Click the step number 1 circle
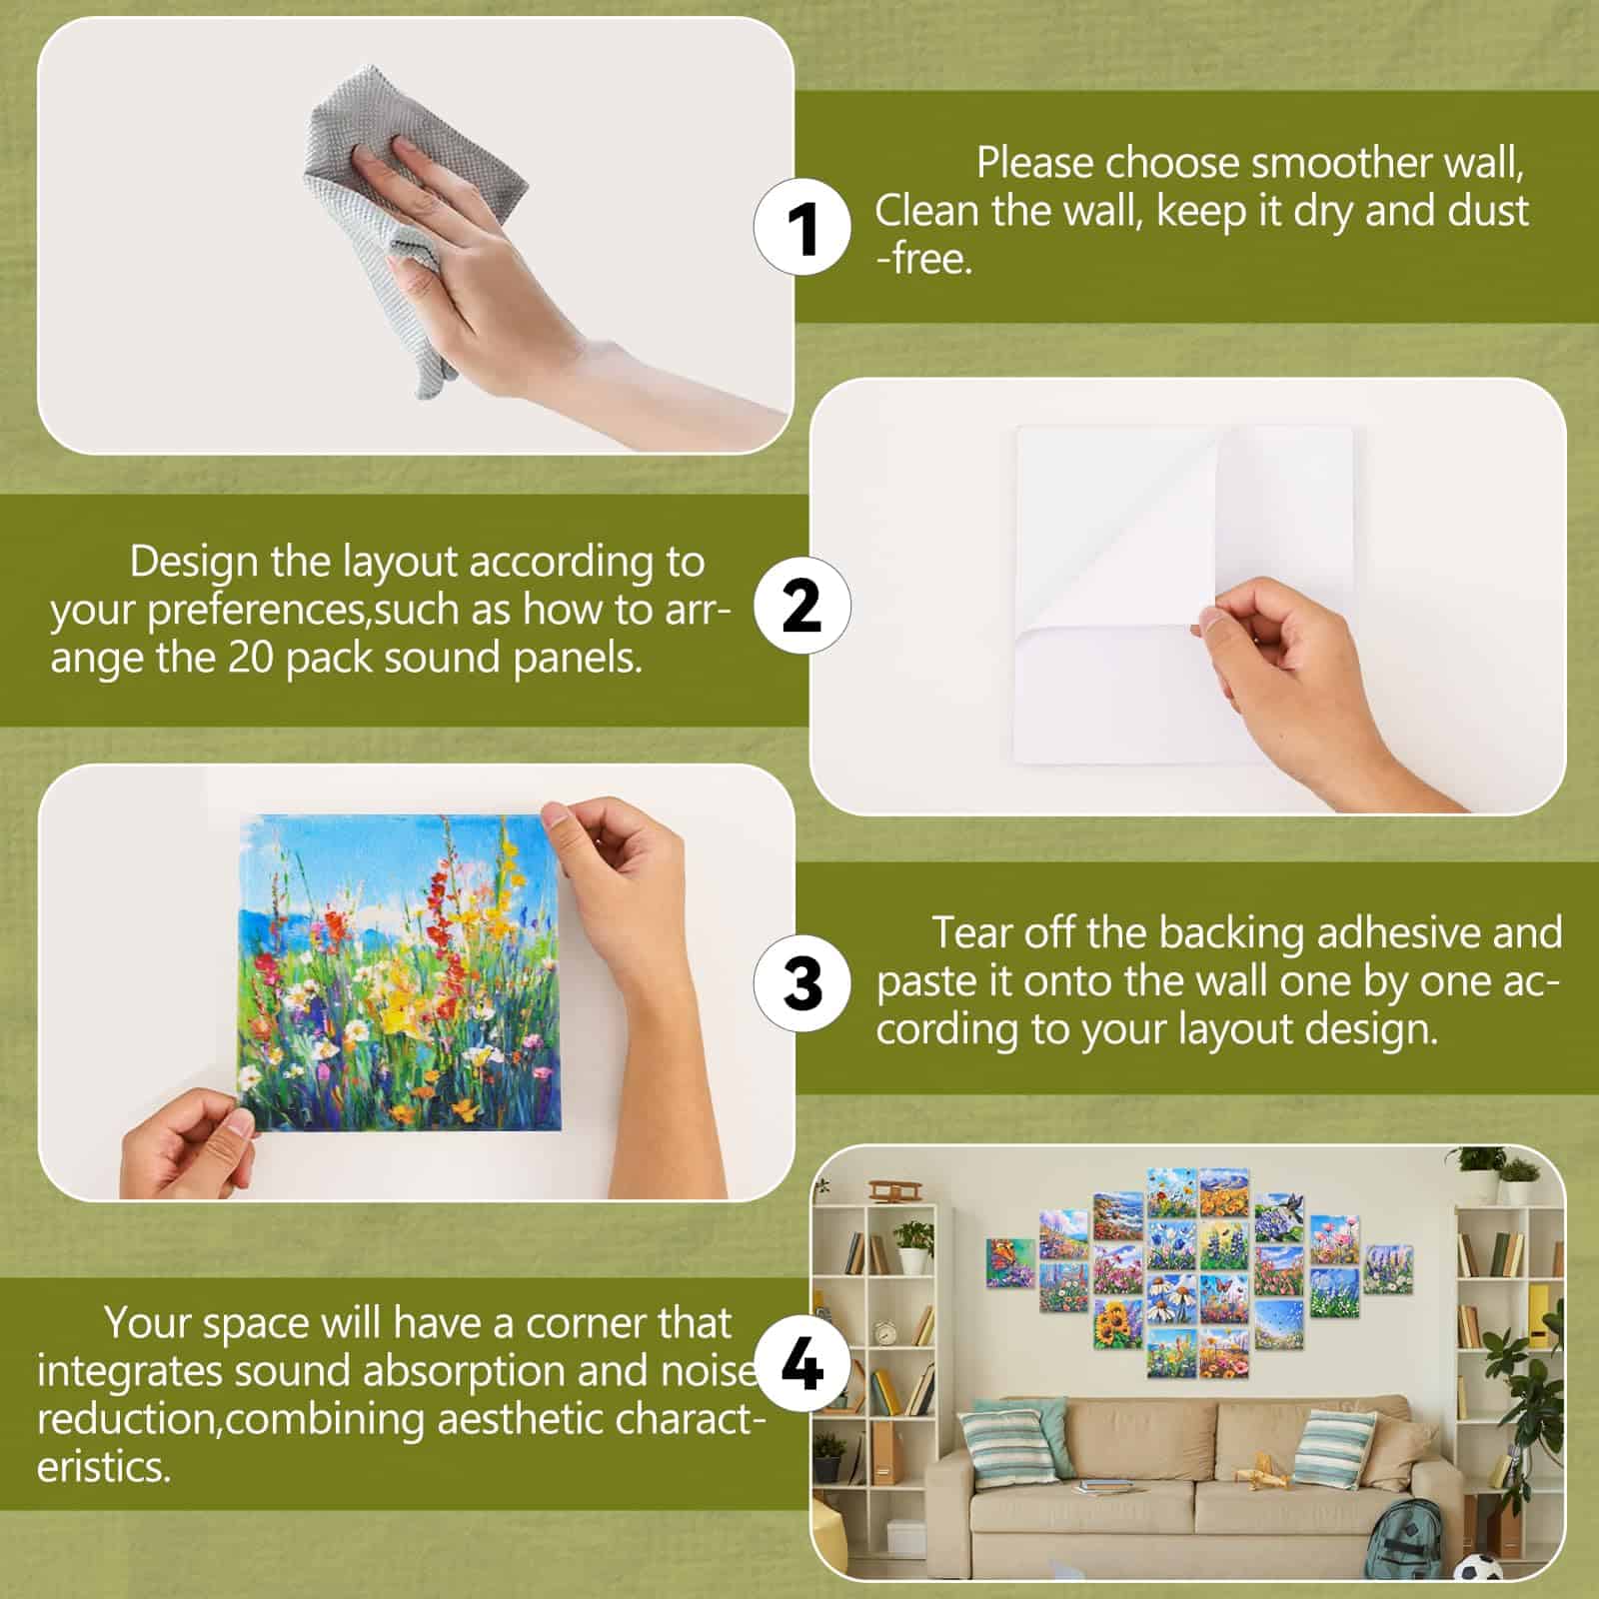[801, 228]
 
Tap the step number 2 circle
[801, 606]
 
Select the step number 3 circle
[801, 981]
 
